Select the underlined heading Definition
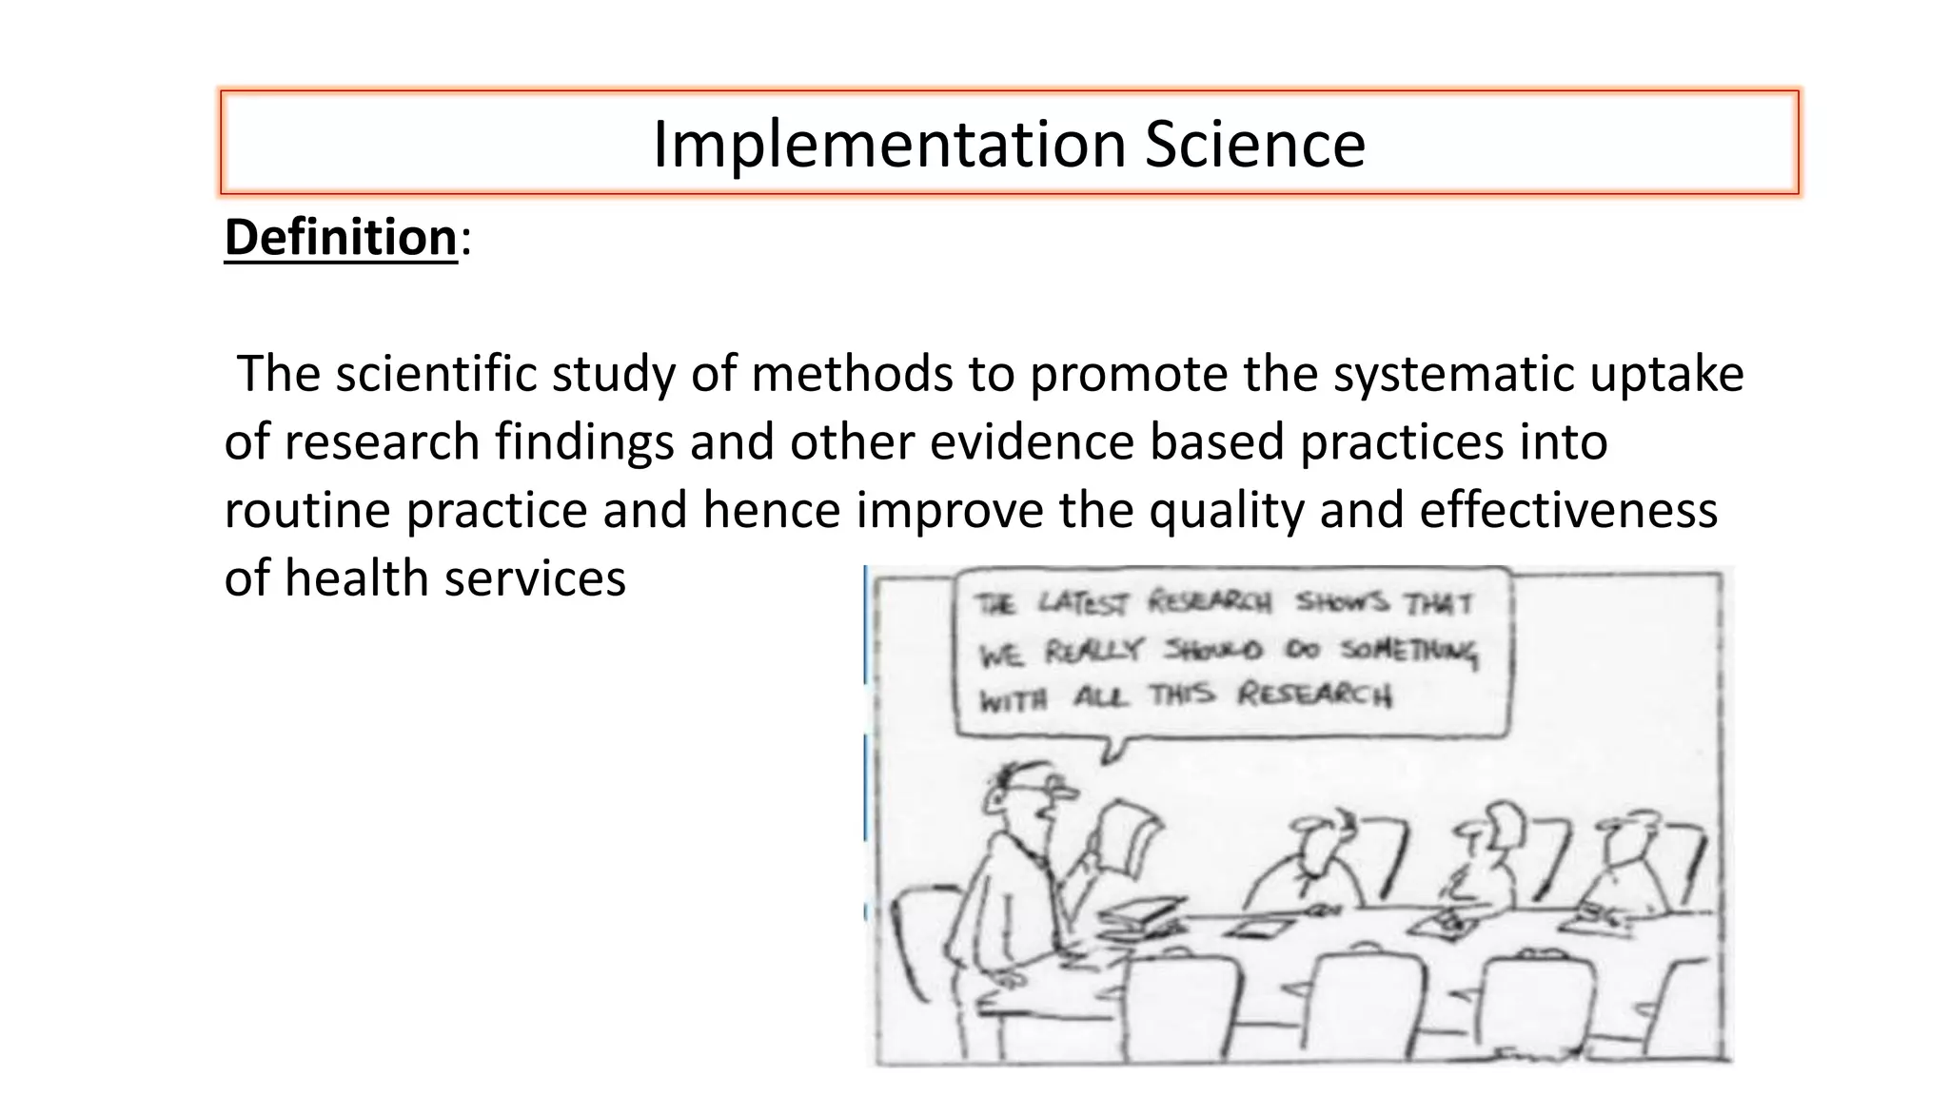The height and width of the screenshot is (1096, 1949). click(341, 237)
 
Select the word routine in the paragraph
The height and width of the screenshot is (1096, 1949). click(307, 510)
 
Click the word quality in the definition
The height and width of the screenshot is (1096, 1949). click(1227, 510)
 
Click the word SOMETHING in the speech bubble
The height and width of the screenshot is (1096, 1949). click(1408, 652)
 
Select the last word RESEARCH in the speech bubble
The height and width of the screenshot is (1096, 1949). click(1313, 695)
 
